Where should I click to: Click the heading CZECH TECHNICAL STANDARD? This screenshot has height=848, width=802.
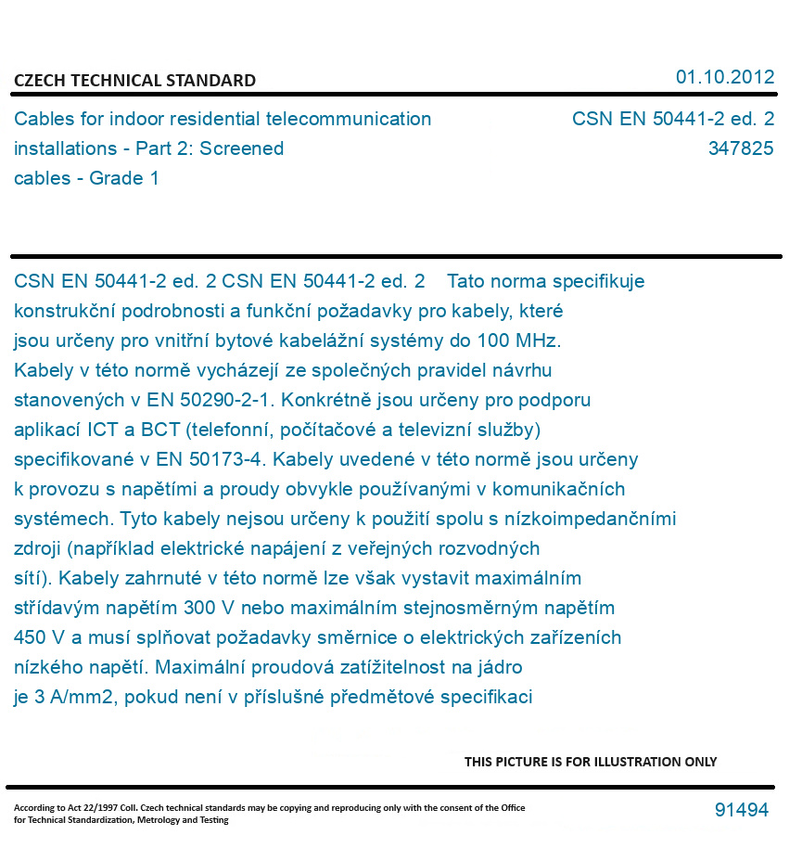point(134,81)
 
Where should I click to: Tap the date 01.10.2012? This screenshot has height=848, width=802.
point(724,77)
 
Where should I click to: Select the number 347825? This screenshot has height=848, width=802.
point(740,148)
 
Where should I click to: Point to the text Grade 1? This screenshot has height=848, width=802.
point(123,178)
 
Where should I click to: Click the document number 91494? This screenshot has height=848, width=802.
point(741,810)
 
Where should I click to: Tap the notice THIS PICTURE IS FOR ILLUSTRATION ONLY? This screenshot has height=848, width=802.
point(591,762)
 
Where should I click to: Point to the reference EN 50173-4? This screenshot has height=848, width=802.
point(206,459)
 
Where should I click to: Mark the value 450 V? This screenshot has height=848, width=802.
point(39,637)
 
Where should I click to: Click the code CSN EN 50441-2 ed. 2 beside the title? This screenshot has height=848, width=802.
point(672,119)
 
